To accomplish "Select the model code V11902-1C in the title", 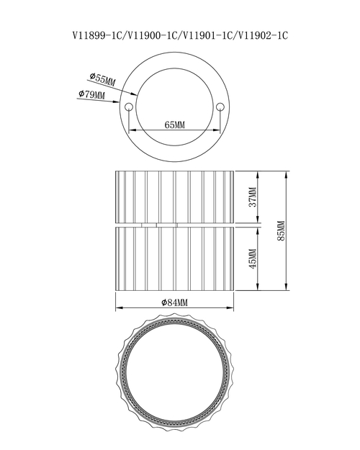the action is [x=263, y=35].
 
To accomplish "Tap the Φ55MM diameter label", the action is [x=102, y=79].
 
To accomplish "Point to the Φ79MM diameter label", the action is [x=91, y=94].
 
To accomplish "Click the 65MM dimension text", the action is [x=174, y=125].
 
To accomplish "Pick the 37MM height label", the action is [x=253, y=197].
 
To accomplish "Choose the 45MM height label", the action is [x=253, y=258].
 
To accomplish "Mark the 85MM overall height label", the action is [x=281, y=230].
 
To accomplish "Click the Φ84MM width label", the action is [x=174, y=302].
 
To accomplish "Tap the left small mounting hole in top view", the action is [x=128, y=107].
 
